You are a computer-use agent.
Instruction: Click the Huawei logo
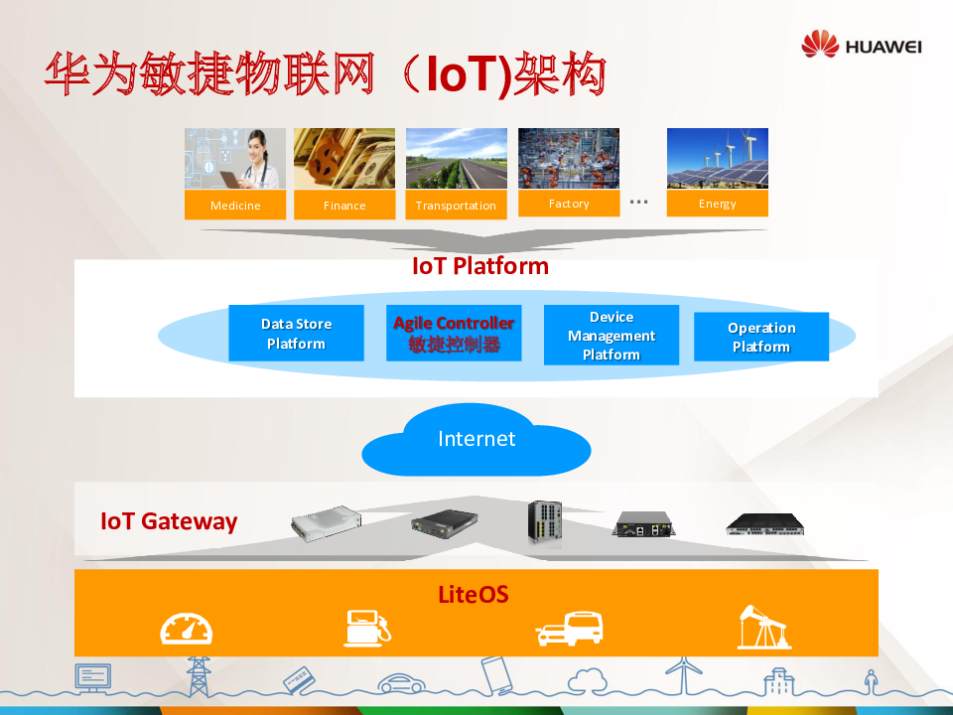862,45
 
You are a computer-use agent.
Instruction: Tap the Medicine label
235,206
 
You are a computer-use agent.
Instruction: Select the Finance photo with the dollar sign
344,158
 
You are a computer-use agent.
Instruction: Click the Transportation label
456,206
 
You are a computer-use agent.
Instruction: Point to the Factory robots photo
569,158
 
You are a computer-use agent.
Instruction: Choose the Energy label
717,203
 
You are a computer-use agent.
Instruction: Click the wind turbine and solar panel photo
717,158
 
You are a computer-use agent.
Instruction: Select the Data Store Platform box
296,334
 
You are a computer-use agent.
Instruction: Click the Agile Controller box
454,334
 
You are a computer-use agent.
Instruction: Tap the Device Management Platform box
612,335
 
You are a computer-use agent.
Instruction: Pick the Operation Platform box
761,337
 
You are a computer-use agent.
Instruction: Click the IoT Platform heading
480,266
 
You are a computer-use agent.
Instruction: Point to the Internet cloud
476,440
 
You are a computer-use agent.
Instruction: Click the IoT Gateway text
169,521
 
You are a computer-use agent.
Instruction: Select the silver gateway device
326,523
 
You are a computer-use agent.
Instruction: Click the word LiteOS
474,595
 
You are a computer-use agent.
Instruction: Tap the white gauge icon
187,629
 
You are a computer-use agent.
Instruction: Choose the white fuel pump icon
367,628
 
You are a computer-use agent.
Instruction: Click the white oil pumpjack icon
764,627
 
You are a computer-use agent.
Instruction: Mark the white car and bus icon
570,629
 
